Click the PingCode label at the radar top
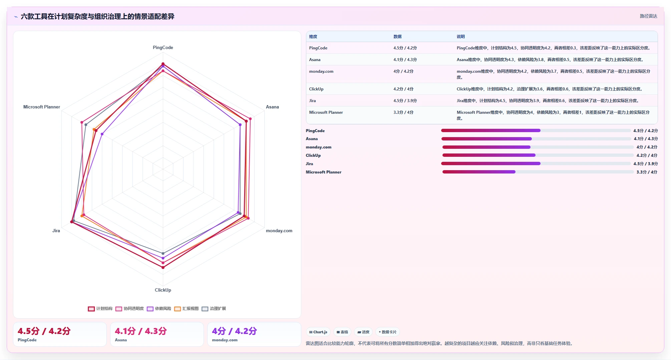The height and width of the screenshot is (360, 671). click(163, 47)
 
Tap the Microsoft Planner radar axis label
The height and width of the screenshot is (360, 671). click(42, 107)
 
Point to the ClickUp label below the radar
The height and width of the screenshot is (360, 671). click(163, 290)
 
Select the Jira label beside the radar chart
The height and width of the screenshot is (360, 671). click(56, 231)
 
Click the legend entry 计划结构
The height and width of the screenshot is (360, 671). click(100, 309)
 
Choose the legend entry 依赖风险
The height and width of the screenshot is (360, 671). click(159, 309)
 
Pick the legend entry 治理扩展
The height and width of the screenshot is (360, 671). click(214, 309)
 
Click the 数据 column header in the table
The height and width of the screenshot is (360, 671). click(397, 37)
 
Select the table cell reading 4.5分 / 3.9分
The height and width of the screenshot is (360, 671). click(405, 100)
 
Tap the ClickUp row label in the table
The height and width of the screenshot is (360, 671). click(316, 89)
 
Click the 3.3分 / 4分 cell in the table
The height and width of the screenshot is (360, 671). click(403, 112)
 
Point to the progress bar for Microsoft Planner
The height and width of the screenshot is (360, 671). click(538, 172)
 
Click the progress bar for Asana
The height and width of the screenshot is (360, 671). click(536, 139)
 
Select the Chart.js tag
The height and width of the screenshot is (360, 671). click(318, 332)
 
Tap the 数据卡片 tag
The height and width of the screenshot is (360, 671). click(388, 332)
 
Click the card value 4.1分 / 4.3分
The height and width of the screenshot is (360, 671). click(141, 331)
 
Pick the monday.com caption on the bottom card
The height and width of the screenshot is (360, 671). click(225, 340)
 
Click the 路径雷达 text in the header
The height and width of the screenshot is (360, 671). click(648, 16)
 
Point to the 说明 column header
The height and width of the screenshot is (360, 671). click(461, 37)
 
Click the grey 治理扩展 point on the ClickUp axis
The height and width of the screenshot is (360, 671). click(163, 254)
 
